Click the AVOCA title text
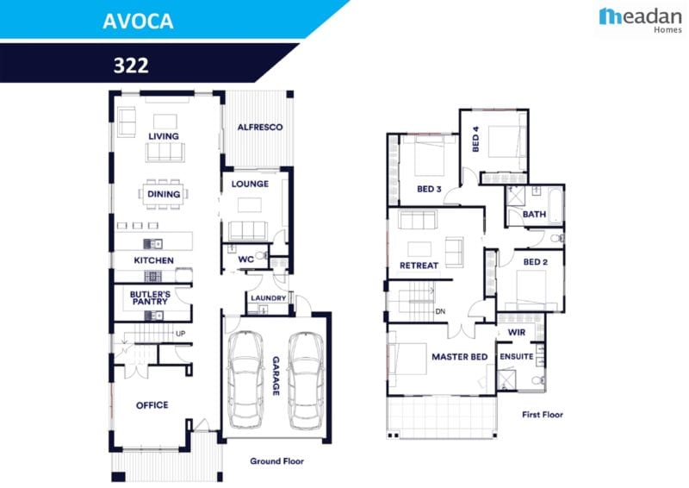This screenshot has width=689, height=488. (x=138, y=22)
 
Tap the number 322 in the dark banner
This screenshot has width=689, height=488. (x=132, y=65)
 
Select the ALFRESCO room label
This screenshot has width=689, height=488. (x=260, y=128)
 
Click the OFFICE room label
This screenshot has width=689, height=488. (x=152, y=405)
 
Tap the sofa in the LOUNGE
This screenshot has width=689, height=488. (x=248, y=230)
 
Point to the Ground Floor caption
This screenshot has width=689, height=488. (x=276, y=461)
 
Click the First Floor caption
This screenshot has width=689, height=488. (x=543, y=415)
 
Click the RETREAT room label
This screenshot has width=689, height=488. (x=419, y=266)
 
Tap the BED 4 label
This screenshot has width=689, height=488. (x=475, y=140)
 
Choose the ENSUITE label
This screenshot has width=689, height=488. (x=517, y=357)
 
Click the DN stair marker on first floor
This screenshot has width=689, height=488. (x=440, y=311)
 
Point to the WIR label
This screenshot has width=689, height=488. (x=517, y=331)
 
